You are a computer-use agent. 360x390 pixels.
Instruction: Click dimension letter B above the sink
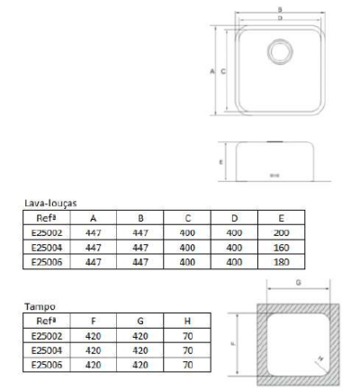pyautogui.click(x=281, y=10)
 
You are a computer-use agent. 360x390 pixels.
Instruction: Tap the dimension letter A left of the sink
pyautogui.click(x=212, y=72)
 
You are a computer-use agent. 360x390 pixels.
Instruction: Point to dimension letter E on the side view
pyautogui.click(x=221, y=163)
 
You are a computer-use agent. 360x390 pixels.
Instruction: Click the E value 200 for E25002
pyautogui.click(x=282, y=232)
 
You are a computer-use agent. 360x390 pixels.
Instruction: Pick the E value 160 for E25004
pyautogui.click(x=282, y=247)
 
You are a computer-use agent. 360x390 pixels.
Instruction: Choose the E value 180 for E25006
pyautogui.click(x=282, y=261)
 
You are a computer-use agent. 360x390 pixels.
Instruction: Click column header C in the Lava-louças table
pyautogui.click(x=187, y=218)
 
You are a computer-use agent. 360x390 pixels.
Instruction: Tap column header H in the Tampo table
pyautogui.click(x=187, y=320)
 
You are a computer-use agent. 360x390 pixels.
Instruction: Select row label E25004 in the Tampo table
pyautogui.click(x=46, y=349)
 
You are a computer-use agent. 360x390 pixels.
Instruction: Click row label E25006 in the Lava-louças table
pyautogui.click(x=46, y=261)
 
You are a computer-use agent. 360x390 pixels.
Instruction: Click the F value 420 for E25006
pyautogui.click(x=94, y=365)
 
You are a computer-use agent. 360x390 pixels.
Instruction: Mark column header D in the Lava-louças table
pyautogui.click(x=234, y=218)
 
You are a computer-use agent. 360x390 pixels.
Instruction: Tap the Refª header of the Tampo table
pyautogui.click(x=46, y=320)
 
